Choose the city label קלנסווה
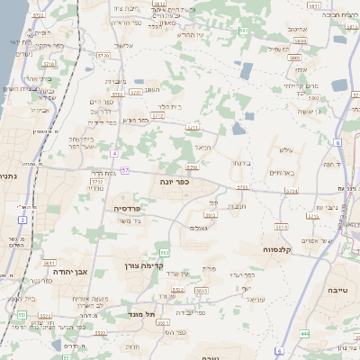tap(257, 249)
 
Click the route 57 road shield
tap(125, 170)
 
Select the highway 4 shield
tap(115, 153)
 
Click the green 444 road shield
tap(304, 333)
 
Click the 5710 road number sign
tap(49, 65)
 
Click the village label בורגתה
tap(254, 164)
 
